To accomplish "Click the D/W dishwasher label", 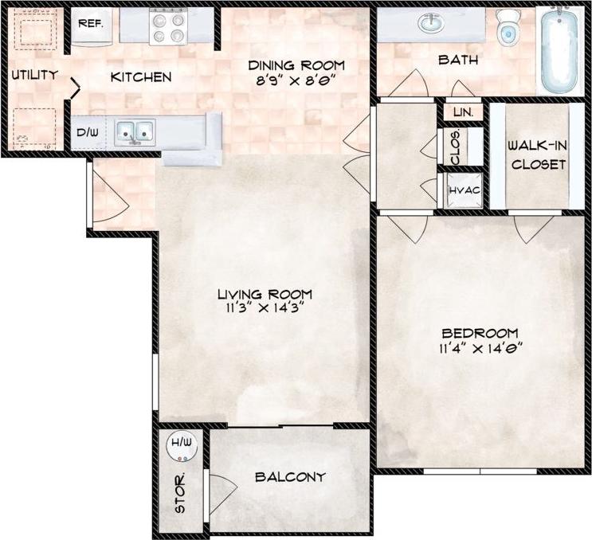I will (87, 133).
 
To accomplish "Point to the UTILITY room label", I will (34, 76).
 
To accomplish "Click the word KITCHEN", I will (140, 77).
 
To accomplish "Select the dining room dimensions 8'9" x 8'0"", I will (296, 80).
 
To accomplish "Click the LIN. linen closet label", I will (463, 112).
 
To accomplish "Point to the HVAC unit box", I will (463, 191).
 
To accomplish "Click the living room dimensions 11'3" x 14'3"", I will (264, 308).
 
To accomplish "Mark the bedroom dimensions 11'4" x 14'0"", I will (480, 346).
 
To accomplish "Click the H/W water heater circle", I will (180, 448).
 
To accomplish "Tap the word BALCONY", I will (290, 477).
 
